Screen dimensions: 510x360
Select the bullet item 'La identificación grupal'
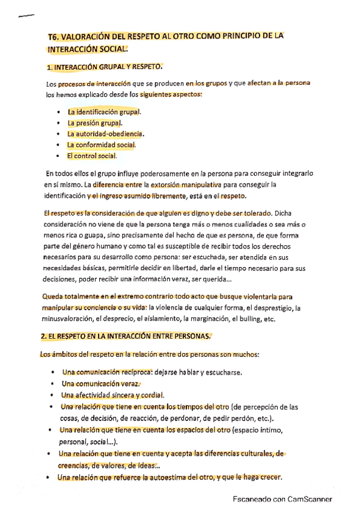click(x=104, y=112)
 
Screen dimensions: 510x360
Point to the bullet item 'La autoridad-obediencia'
click(x=105, y=134)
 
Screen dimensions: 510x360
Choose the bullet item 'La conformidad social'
click(x=102, y=145)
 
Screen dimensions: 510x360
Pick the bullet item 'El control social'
click(x=91, y=156)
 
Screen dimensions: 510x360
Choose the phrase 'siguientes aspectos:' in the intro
click(x=171, y=94)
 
